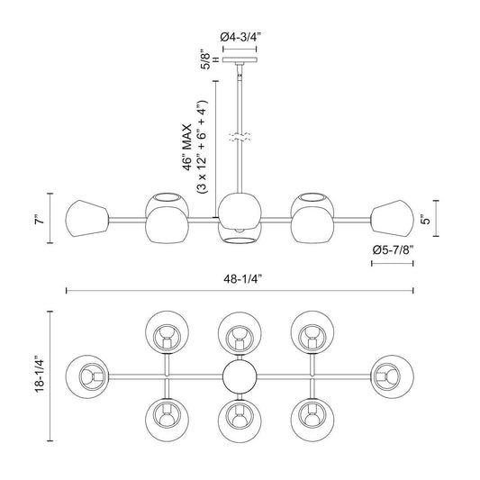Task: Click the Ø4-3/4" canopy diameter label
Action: pos(240,37)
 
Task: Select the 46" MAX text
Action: pos(187,148)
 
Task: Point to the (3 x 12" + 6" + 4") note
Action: pos(203,148)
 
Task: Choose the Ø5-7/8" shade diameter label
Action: pos(393,250)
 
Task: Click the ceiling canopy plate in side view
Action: pos(240,59)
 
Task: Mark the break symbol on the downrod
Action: pos(240,137)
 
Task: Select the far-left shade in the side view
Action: pos(87,219)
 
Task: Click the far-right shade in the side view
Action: pos(393,218)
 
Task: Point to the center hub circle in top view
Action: pos(240,376)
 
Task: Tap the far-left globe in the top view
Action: pos(87,376)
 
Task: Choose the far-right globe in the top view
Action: pos(393,376)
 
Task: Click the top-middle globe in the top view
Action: pos(240,332)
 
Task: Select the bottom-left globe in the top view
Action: pos(168,420)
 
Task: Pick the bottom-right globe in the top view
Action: pos(312,420)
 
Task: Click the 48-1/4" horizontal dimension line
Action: pos(240,291)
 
